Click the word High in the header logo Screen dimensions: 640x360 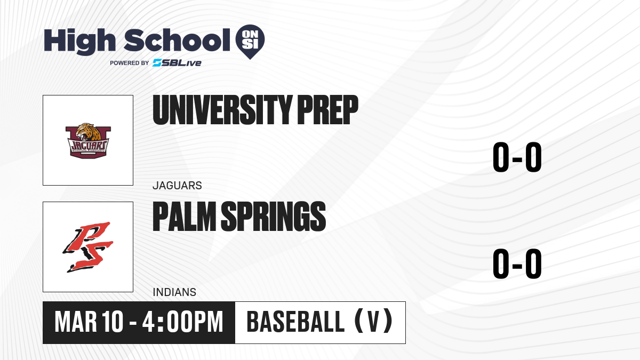[x=80, y=42]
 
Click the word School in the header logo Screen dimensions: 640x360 [x=177, y=40]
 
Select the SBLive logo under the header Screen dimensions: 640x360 [x=177, y=63]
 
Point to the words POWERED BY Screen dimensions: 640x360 [x=130, y=63]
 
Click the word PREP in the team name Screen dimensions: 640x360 [x=328, y=110]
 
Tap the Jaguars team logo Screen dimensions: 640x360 [x=88, y=141]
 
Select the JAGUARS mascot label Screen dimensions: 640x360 [x=177, y=186]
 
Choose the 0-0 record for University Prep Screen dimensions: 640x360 [x=517, y=157]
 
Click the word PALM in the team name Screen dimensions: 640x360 [x=185, y=217]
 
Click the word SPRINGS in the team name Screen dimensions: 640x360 [x=274, y=217]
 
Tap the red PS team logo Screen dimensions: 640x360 [x=88, y=247]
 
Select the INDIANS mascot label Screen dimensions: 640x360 [x=174, y=292]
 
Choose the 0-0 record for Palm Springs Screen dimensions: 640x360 [x=517, y=263]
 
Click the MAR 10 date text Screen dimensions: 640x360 [x=89, y=322]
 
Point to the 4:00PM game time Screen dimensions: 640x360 [x=182, y=322]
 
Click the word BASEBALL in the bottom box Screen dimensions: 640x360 [x=295, y=322]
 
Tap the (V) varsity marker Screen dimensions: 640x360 [x=373, y=321]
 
